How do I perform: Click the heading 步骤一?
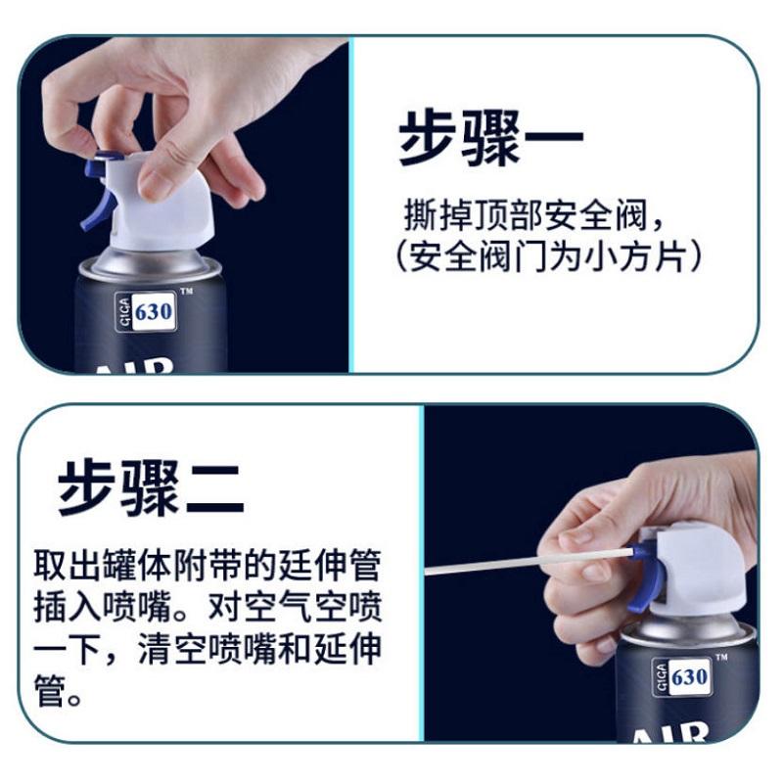[490, 138]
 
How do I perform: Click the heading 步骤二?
[151, 487]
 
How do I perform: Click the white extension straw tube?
[529, 561]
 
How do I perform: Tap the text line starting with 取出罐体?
[207, 566]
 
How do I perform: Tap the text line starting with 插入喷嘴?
[207, 607]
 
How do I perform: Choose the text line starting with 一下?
[207, 649]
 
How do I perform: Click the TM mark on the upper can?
[186, 291]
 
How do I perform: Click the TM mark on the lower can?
[721, 657]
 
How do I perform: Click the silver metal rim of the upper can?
[150, 265]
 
